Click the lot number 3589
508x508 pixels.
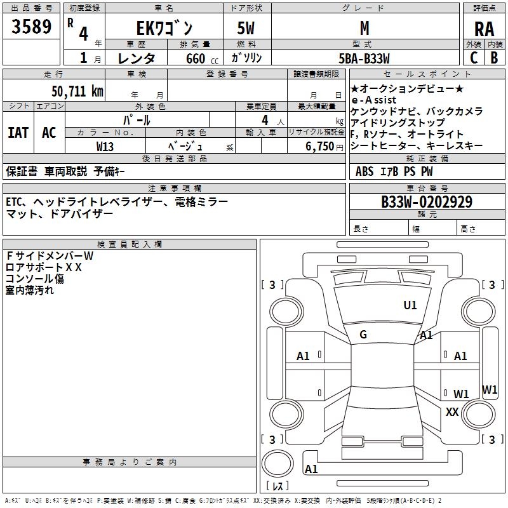click(32, 27)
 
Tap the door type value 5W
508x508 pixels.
click(246, 28)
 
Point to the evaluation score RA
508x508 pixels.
click(484, 29)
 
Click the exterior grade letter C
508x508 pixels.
click(474, 57)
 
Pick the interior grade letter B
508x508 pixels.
click(494, 57)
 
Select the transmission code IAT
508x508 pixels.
click(18, 133)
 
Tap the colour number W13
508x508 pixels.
click(105, 146)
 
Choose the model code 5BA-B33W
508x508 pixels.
click(364, 58)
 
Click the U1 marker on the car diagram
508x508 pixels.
click(410, 305)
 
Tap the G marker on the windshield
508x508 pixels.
click(363, 335)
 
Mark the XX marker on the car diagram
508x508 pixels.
click(452, 412)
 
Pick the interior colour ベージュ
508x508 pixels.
click(186, 146)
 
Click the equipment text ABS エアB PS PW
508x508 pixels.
click(386, 171)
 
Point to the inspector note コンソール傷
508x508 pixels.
click(35, 279)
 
